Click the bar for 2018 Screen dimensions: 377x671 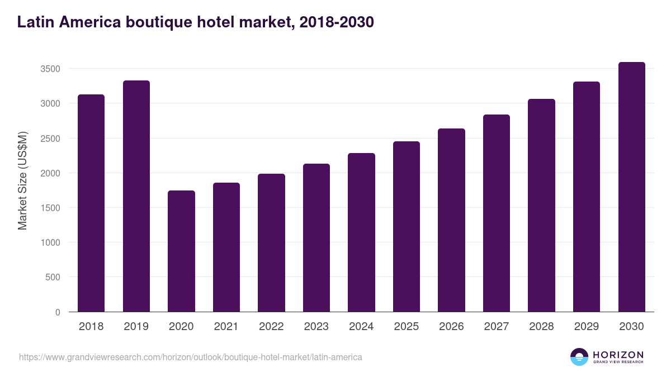pyautogui.click(x=91, y=203)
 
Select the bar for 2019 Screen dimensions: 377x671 pyautogui.click(x=136, y=196)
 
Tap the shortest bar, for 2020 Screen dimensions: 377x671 pyautogui.click(x=181, y=251)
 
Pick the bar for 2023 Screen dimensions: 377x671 pyautogui.click(x=316, y=238)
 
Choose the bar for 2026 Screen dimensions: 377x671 pyautogui.click(x=451, y=220)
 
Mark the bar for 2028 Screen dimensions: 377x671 pyautogui.click(x=541, y=206)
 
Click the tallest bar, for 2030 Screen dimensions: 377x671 pyautogui.click(x=631, y=187)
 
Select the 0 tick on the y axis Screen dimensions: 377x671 pyautogui.click(x=58, y=312)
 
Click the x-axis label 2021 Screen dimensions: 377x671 pyautogui.click(x=226, y=327)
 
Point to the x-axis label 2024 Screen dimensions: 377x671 pyautogui.click(x=361, y=327)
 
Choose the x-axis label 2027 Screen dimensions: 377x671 pyautogui.click(x=496, y=327)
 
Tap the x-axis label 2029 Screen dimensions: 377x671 pyautogui.click(x=587, y=327)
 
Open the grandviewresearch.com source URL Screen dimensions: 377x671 pyautogui.click(x=190, y=357)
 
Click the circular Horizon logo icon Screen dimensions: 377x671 pyautogui.click(x=579, y=357)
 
